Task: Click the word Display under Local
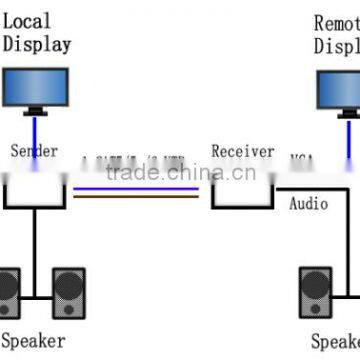37,43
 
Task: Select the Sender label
34,151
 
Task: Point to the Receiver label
242,151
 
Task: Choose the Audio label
308,204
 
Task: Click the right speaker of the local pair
69,291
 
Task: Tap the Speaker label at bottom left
33,341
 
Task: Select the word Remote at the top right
337,22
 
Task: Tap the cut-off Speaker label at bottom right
335,341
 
